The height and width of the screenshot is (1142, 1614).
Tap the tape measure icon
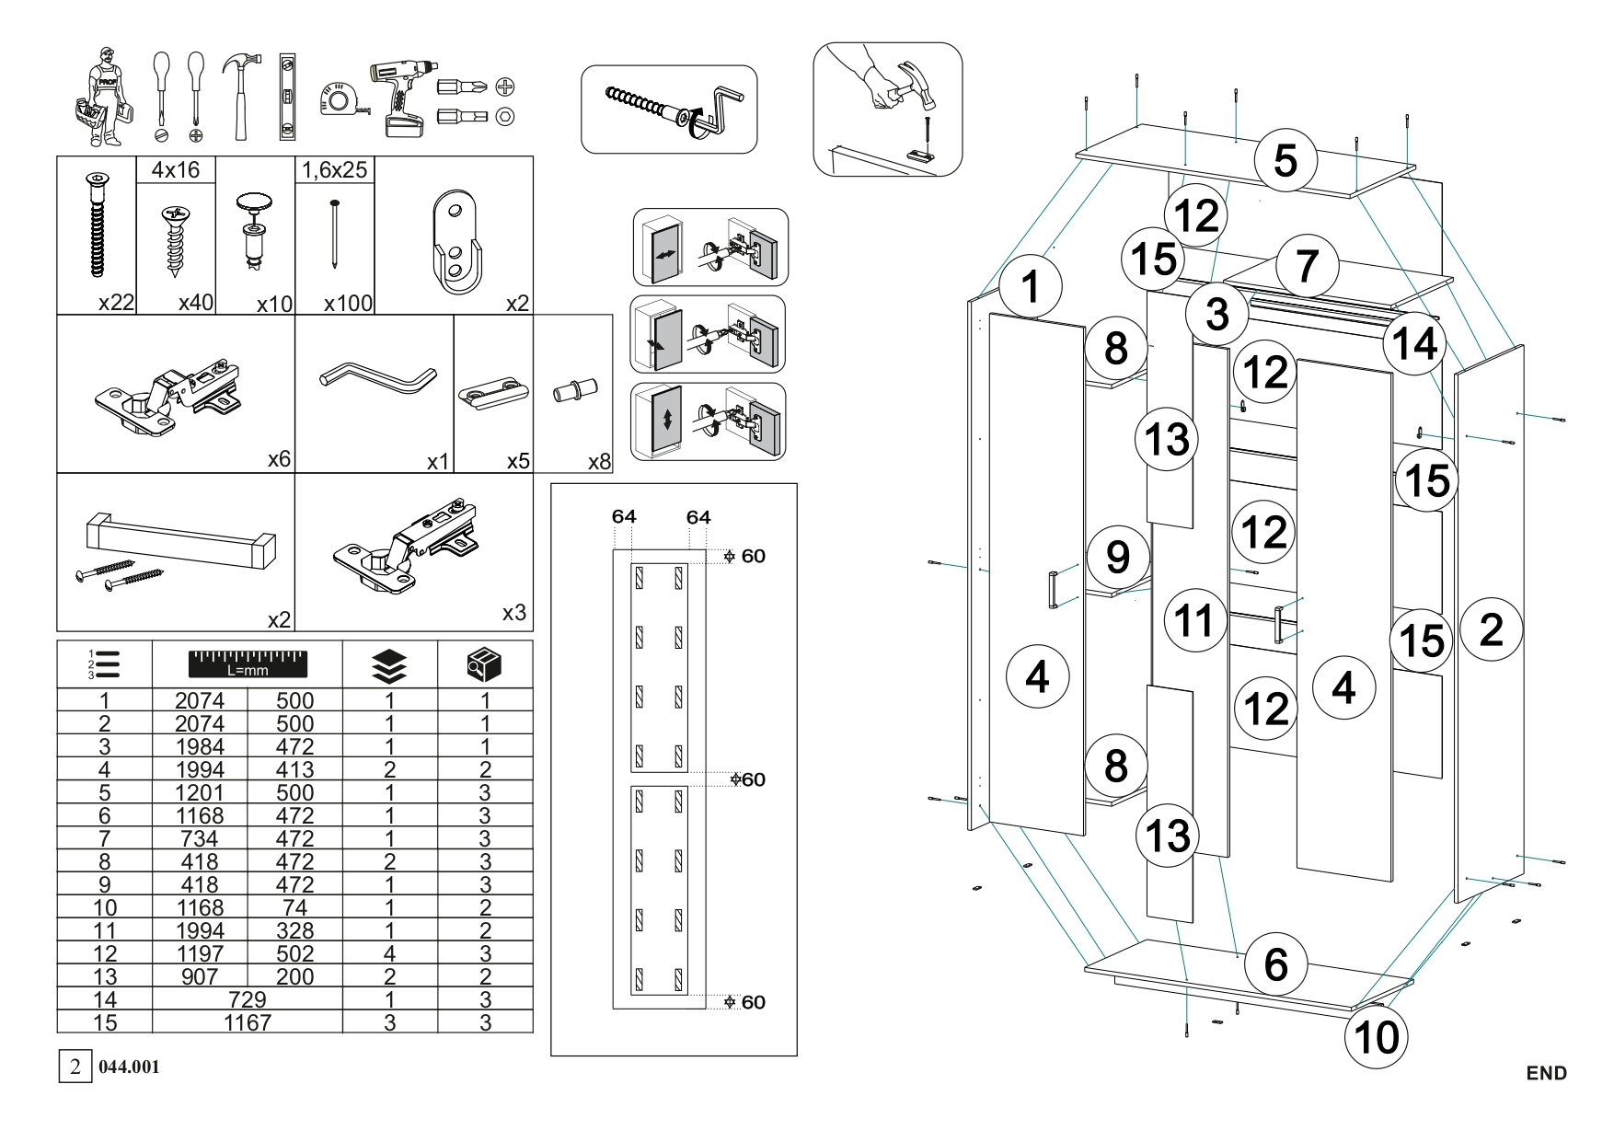(x=340, y=100)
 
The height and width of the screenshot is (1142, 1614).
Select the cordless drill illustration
(x=401, y=96)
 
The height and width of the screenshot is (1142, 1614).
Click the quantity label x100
(x=348, y=303)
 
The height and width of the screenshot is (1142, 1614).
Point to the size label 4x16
(x=175, y=169)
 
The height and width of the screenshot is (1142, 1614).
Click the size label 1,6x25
(x=334, y=169)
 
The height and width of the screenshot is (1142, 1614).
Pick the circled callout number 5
(x=1285, y=160)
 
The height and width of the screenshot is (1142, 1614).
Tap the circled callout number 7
(x=1308, y=266)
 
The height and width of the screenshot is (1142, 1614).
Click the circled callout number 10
(x=1377, y=1037)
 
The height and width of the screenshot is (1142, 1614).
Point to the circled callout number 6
(x=1275, y=963)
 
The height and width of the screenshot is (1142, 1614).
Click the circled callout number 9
(x=1117, y=556)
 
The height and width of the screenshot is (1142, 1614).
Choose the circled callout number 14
(x=1414, y=344)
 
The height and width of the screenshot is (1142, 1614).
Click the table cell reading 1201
(x=200, y=792)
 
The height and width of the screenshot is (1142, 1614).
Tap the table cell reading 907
(x=200, y=976)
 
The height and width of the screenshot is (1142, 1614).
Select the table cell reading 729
(x=247, y=999)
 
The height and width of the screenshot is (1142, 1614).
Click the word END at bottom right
(x=1546, y=1073)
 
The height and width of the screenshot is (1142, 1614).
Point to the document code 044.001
(x=129, y=1067)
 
